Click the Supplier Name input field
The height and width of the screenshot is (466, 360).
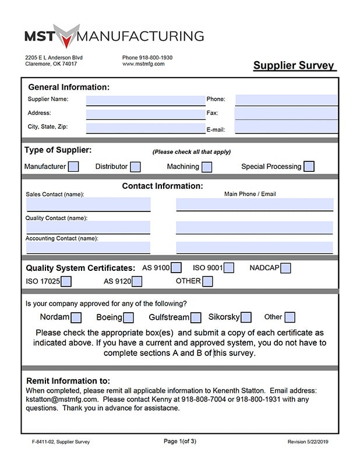[x=145, y=100]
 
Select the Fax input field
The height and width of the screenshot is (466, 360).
[x=286, y=113]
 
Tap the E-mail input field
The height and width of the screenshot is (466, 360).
[x=286, y=127]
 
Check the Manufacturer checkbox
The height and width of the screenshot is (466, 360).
[x=73, y=167]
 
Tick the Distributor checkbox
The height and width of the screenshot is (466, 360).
[x=135, y=167]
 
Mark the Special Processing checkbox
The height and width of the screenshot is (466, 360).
[x=309, y=167]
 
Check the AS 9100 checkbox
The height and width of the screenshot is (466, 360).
[x=176, y=268]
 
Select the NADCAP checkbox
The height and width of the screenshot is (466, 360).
[x=285, y=268]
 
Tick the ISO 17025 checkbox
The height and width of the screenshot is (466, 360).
[x=66, y=282]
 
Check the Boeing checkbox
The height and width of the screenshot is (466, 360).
[x=128, y=317]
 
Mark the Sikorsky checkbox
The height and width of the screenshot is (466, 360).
[x=246, y=317]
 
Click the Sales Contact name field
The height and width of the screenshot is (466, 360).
[x=88, y=204]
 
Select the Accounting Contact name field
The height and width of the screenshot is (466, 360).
[x=88, y=248]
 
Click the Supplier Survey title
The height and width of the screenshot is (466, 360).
[x=294, y=65]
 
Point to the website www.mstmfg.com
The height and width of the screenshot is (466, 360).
[x=143, y=64]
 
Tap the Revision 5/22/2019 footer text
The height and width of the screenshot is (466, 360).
[x=313, y=442]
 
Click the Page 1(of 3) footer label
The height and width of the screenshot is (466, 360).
[x=180, y=442]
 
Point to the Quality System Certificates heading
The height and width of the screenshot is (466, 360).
[x=80, y=269]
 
